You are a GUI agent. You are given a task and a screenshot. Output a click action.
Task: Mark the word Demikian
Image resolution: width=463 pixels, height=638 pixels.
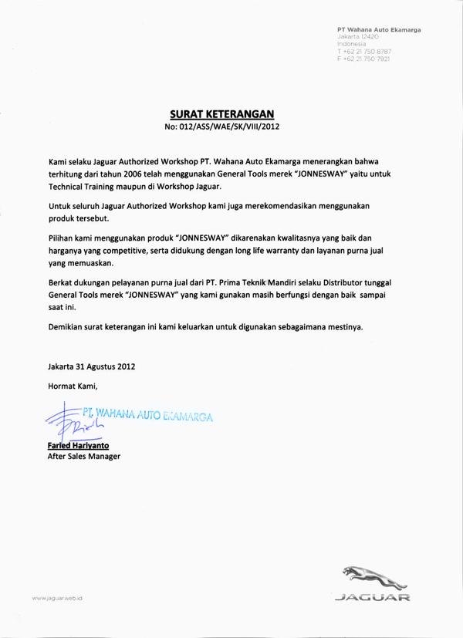(x=69, y=326)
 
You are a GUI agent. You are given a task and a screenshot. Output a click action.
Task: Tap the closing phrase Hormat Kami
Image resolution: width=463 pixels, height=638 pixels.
(x=73, y=386)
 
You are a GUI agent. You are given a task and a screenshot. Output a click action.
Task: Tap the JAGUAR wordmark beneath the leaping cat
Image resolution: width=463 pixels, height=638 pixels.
(x=373, y=596)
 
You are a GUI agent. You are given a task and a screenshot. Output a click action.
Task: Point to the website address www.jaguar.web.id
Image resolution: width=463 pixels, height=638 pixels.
(x=57, y=598)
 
